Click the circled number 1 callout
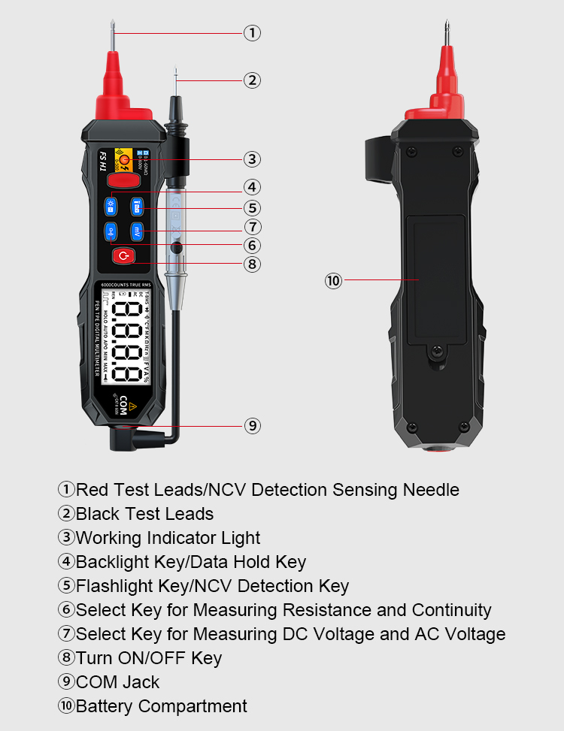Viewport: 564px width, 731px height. (252, 33)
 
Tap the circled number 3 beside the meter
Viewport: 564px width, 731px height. (252, 159)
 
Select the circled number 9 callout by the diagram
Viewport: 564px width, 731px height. (252, 426)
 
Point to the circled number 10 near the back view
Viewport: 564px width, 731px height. (333, 281)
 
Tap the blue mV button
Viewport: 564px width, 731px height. (137, 231)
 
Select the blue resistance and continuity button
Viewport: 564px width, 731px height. (111, 231)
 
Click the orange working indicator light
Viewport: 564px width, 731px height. (125, 159)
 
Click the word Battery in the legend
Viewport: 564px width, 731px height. (105, 706)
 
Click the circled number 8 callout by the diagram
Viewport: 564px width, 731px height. (252, 264)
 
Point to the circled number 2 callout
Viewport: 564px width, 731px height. (252, 80)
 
